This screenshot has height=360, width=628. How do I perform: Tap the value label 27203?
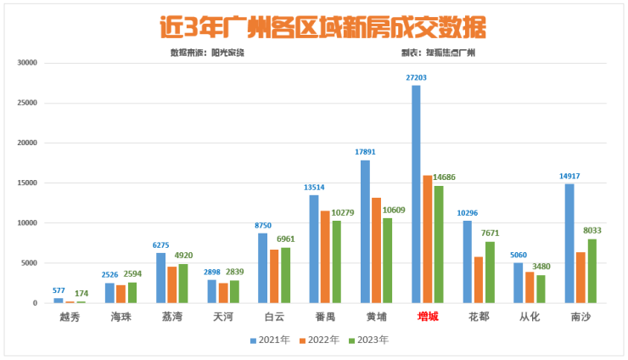click(416, 77)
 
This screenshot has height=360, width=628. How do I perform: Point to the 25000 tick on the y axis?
click(28, 103)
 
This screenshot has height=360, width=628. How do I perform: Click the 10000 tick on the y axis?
click(28, 223)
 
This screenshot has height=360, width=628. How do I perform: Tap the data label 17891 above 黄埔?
click(365, 152)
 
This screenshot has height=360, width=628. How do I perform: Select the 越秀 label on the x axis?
click(70, 317)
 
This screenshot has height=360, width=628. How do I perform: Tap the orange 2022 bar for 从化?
click(529, 287)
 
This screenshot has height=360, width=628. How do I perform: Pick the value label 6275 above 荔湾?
click(161, 245)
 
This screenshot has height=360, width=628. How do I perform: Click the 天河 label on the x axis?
click(223, 317)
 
